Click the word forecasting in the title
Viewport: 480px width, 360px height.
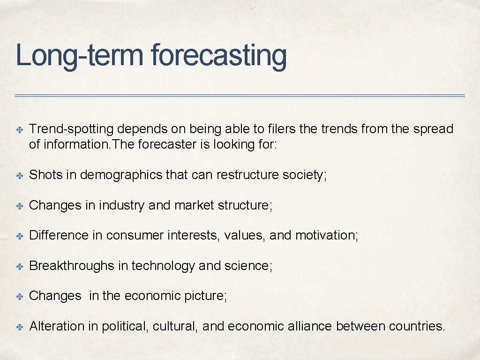(218, 56)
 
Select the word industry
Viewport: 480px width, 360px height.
(121, 205)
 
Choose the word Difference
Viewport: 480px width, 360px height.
(59, 235)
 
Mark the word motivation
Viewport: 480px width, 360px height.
(326, 235)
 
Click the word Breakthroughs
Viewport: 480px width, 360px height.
(72, 266)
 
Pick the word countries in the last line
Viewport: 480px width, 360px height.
(417, 326)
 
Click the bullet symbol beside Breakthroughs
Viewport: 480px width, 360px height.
(20, 266)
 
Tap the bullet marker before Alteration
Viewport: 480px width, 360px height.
(20, 327)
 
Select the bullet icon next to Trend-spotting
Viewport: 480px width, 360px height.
(20, 129)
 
